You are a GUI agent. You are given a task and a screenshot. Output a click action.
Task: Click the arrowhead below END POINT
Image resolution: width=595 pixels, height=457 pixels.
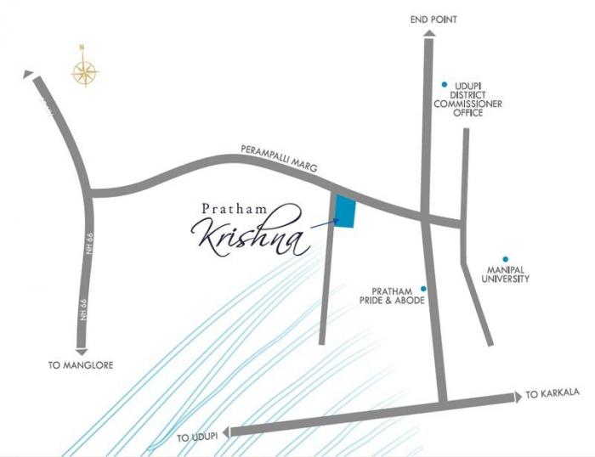[428, 33]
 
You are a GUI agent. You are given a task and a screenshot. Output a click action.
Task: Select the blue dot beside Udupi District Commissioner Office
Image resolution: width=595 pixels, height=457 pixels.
[444, 84]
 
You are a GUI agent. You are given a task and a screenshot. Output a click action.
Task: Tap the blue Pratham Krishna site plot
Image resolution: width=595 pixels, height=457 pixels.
[346, 212]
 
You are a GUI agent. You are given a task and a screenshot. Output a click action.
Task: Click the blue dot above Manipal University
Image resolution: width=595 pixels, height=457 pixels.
[506, 259]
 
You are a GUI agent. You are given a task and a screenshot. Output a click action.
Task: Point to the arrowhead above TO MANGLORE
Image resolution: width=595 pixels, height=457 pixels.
[81, 350]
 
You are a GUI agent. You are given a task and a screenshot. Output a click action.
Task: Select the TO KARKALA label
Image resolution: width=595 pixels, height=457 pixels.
[552, 393]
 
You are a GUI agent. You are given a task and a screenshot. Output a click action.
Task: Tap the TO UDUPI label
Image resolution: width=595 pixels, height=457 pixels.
[197, 437]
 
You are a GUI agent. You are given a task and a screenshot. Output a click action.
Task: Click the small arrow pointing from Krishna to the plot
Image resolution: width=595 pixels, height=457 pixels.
[324, 224]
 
